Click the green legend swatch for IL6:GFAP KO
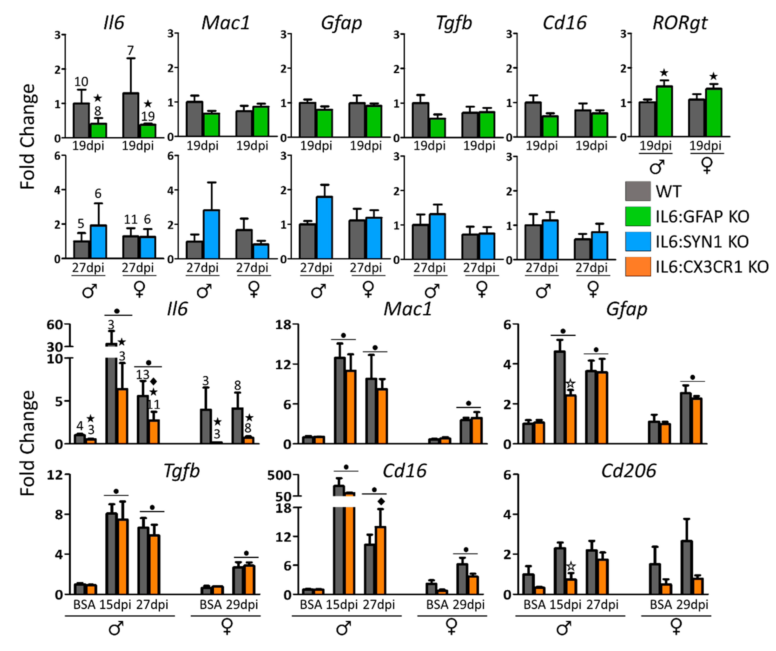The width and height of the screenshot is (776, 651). tap(638, 216)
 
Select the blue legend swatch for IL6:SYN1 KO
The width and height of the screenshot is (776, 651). tap(638, 242)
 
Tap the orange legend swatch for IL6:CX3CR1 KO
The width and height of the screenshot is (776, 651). tap(638, 267)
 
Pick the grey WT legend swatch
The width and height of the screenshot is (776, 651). tap(638, 191)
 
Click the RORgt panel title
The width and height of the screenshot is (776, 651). tap(680, 23)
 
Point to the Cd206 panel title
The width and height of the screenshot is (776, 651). tap(628, 471)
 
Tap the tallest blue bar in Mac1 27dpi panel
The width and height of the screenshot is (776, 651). tap(211, 234)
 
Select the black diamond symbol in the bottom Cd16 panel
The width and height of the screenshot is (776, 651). tap(381, 501)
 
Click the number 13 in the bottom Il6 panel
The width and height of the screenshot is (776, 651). tap(142, 375)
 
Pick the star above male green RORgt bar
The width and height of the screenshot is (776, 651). tap(664, 73)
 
